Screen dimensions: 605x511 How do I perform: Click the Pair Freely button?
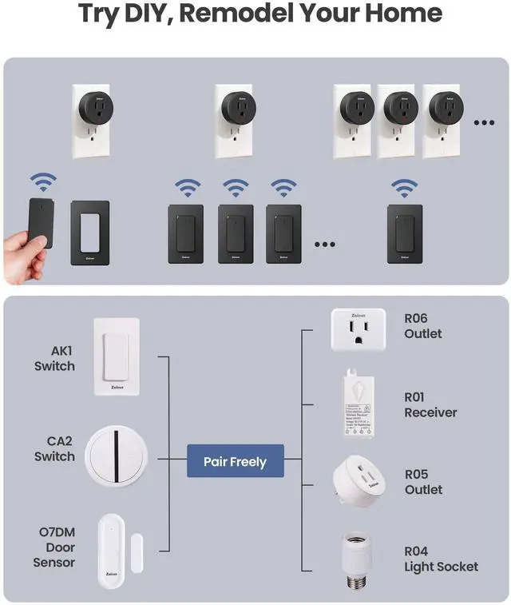point(235,461)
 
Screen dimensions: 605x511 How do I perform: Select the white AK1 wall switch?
point(116,356)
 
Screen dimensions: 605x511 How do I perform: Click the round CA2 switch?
point(117,456)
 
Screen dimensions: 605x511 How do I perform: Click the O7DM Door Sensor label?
point(54,547)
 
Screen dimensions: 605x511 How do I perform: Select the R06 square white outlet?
point(358,329)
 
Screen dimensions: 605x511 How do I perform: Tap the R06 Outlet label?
point(423,325)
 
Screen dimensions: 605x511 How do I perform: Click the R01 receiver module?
point(358,404)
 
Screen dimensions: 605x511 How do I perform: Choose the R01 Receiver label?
point(430,404)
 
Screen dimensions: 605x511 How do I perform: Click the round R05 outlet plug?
point(358,483)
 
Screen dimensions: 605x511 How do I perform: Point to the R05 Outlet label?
point(423,482)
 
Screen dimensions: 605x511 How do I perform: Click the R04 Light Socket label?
point(441,559)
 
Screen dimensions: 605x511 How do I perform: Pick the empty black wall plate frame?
point(89,233)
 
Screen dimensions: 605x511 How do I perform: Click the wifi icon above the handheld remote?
point(43,181)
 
